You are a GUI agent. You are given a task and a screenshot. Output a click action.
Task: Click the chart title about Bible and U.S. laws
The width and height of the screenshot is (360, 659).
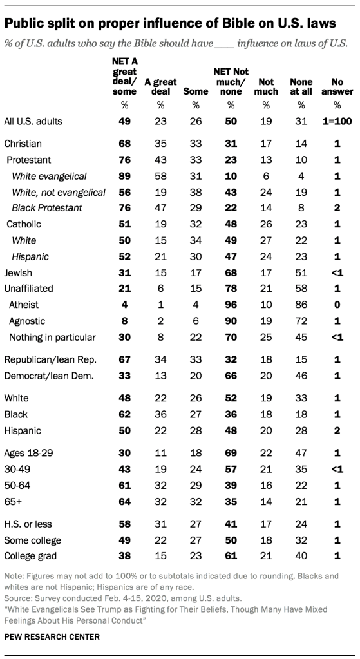point(170,24)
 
